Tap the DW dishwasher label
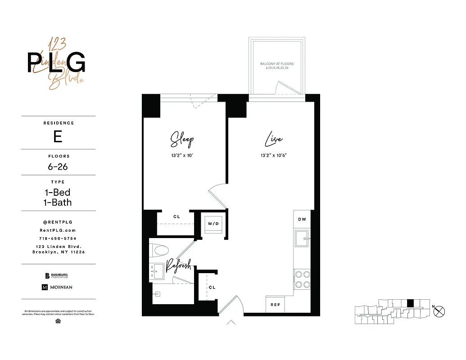[x=302, y=219]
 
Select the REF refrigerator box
[x=275, y=305]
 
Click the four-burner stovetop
[x=301, y=279]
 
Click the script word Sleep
[x=182, y=139]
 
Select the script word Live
[x=274, y=139]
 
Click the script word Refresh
[x=178, y=265]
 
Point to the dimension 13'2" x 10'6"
[x=274, y=155]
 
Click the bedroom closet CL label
[x=176, y=217]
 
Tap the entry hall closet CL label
[x=212, y=287]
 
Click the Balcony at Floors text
[x=277, y=66]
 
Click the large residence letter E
[x=58, y=136]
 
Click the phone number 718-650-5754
[x=58, y=238]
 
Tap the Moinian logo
[x=57, y=287]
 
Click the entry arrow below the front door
[x=231, y=322]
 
